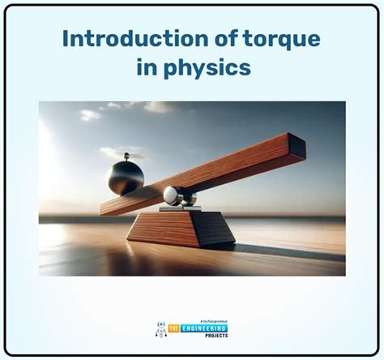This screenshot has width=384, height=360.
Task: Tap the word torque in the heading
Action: (279, 39)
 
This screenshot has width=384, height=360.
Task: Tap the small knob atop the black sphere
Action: (125, 156)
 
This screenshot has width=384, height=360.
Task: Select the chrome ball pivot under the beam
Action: (172, 195)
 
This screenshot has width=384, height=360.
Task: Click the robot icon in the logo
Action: (160, 328)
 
